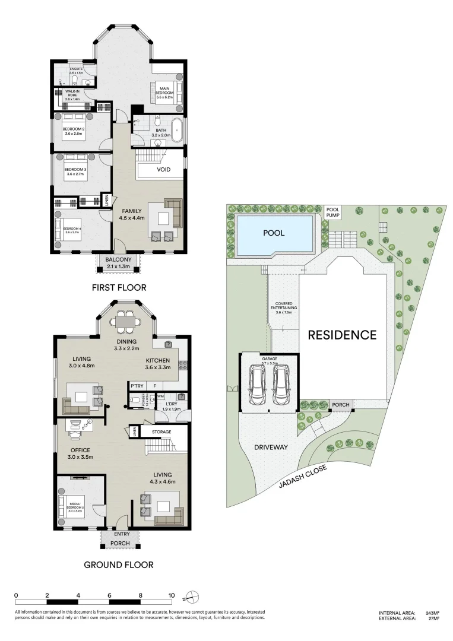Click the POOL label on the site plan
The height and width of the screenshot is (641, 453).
click(274, 233)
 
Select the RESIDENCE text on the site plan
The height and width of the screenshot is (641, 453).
click(341, 335)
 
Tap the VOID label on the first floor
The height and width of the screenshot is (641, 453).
click(164, 170)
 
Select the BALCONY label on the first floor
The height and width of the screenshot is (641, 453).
click(118, 260)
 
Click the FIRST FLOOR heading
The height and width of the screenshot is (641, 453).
click(119, 288)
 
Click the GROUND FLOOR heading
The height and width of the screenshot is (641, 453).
click(118, 564)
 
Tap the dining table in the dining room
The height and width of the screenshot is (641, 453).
click(125, 322)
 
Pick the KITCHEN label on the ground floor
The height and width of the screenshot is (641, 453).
click(158, 360)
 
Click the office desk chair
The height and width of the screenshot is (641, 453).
click(76, 433)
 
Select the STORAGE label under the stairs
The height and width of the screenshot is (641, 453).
click(161, 431)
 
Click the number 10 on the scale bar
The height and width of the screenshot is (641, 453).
click(172, 595)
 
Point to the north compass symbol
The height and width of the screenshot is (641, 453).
click(194, 596)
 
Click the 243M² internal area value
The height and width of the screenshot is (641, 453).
click(432, 613)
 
